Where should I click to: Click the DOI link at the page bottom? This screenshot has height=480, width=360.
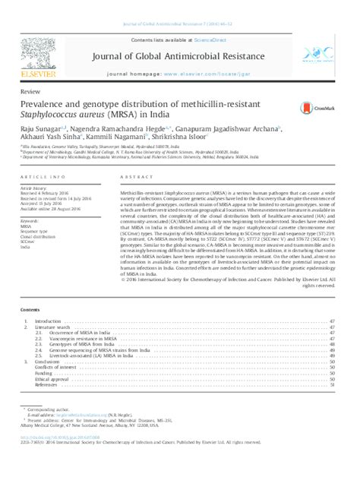[53, 438]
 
